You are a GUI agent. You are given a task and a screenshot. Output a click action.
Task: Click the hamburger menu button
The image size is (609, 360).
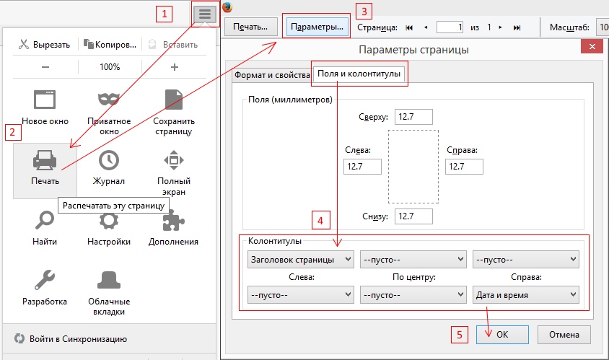click(205, 14)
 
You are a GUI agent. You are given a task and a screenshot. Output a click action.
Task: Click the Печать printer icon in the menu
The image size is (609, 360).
click(45, 160)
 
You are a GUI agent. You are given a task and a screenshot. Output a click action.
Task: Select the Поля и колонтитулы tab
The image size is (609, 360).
click(359, 74)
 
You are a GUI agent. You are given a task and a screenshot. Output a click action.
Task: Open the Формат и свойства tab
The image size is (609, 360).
click(272, 75)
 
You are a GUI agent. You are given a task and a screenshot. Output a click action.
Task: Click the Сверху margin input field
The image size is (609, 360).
click(413, 117)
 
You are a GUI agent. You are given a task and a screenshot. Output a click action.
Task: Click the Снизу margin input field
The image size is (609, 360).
click(413, 216)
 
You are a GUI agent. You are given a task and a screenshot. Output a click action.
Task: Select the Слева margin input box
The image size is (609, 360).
click(362, 167)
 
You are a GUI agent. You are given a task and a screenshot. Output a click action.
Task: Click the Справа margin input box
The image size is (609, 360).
click(464, 167)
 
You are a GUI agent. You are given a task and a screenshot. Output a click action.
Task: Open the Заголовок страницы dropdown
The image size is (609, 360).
click(301, 260)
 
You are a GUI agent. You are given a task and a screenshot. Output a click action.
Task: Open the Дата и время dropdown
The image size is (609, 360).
click(526, 295)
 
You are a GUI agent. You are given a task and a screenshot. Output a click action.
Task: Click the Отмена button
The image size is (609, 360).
click(564, 334)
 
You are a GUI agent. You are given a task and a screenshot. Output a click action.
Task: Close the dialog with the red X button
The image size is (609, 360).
click(592, 47)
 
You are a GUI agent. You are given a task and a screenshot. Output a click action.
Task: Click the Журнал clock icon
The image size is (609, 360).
click(109, 160)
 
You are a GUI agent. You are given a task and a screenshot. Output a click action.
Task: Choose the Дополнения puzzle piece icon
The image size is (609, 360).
click(173, 221)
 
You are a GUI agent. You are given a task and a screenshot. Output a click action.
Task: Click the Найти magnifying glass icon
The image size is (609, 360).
click(45, 220)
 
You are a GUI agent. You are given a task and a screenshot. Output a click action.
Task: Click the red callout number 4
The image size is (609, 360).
click(320, 221)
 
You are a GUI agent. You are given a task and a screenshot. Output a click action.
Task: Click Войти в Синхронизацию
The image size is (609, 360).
click(78, 339)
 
